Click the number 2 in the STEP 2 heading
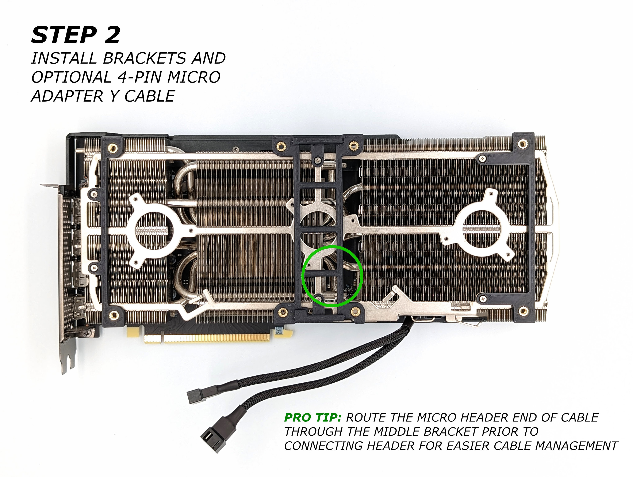[x=112, y=35]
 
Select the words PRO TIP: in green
[x=313, y=418]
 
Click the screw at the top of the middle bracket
[x=317, y=161]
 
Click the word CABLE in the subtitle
[x=150, y=96]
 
